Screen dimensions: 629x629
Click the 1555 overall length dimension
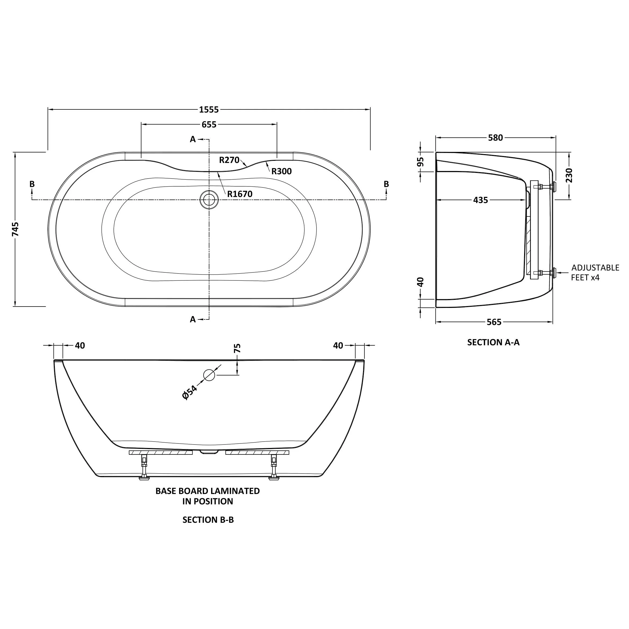pyautogui.click(x=209, y=110)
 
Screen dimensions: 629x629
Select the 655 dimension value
pyautogui.click(x=209, y=125)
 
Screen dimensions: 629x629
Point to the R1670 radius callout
pyautogui.click(x=240, y=194)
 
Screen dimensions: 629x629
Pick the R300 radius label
pyautogui.click(x=282, y=171)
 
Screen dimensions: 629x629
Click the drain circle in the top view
pyautogui.click(x=209, y=199)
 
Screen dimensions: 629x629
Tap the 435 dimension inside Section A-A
pyautogui.click(x=481, y=200)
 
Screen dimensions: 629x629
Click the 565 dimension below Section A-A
pyautogui.click(x=494, y=322)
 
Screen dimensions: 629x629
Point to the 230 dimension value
pyautogui.click(x=569, y=175)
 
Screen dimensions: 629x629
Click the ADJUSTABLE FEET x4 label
pyautogui.click(x=595, y=272)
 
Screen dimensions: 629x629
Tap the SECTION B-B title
pyautogui.click(x=208, y=520)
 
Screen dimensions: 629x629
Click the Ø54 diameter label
pyautogui.click(x=190, y=392)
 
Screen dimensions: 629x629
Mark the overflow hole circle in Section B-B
pyautogui.click(x=209, y=375)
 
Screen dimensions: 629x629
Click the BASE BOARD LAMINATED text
pyautogui.click(x=208, y=491)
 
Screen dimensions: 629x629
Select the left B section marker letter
pyautogui.click(x=32, y=184)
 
